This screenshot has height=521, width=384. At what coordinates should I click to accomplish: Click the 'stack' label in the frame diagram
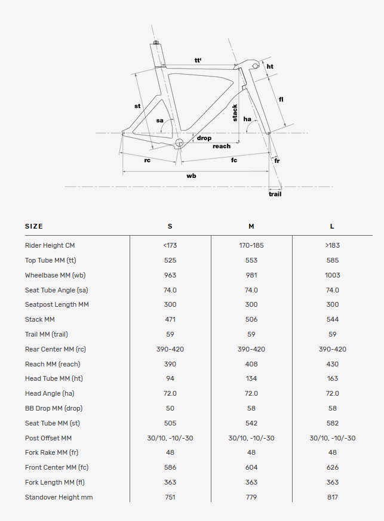tap(235, 113)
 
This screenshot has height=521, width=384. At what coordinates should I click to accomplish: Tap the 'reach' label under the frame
tap(221, 146)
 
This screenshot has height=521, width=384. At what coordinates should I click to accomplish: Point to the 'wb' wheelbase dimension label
tap(191, 176)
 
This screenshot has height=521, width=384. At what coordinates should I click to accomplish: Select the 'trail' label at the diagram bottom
tap(275, 194)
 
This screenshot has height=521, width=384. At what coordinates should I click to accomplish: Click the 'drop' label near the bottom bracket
tap(204, 138)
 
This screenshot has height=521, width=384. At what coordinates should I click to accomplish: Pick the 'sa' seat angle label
tap(159, 121)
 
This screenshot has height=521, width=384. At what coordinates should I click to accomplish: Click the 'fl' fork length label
tap(281, 99)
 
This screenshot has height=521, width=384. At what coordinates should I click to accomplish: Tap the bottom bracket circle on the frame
tap(180, 143)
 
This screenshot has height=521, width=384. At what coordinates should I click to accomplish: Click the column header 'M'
tap(251, 226)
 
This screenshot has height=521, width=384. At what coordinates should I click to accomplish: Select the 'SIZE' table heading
tap(34, 226)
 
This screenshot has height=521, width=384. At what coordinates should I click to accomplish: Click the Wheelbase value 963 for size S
tap(170, 275)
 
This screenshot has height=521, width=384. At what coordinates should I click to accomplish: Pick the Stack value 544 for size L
tap(333, 319)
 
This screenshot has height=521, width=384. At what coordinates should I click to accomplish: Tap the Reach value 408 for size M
tap(251, 364)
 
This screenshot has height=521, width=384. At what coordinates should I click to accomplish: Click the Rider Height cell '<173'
tap(170, 245)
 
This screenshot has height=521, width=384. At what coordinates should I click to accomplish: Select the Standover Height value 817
tap(333, 497)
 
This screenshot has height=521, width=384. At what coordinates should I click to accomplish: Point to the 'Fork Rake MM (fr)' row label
tap(51, 452)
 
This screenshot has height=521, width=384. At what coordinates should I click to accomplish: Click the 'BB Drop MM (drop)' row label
tap(54, 408)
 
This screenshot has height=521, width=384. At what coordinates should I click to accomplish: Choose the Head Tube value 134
tap(251, 378)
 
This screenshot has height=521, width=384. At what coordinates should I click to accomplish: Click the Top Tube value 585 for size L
tap(333, 260)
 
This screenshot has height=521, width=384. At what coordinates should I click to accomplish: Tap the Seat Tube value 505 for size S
tap(170, 423)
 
